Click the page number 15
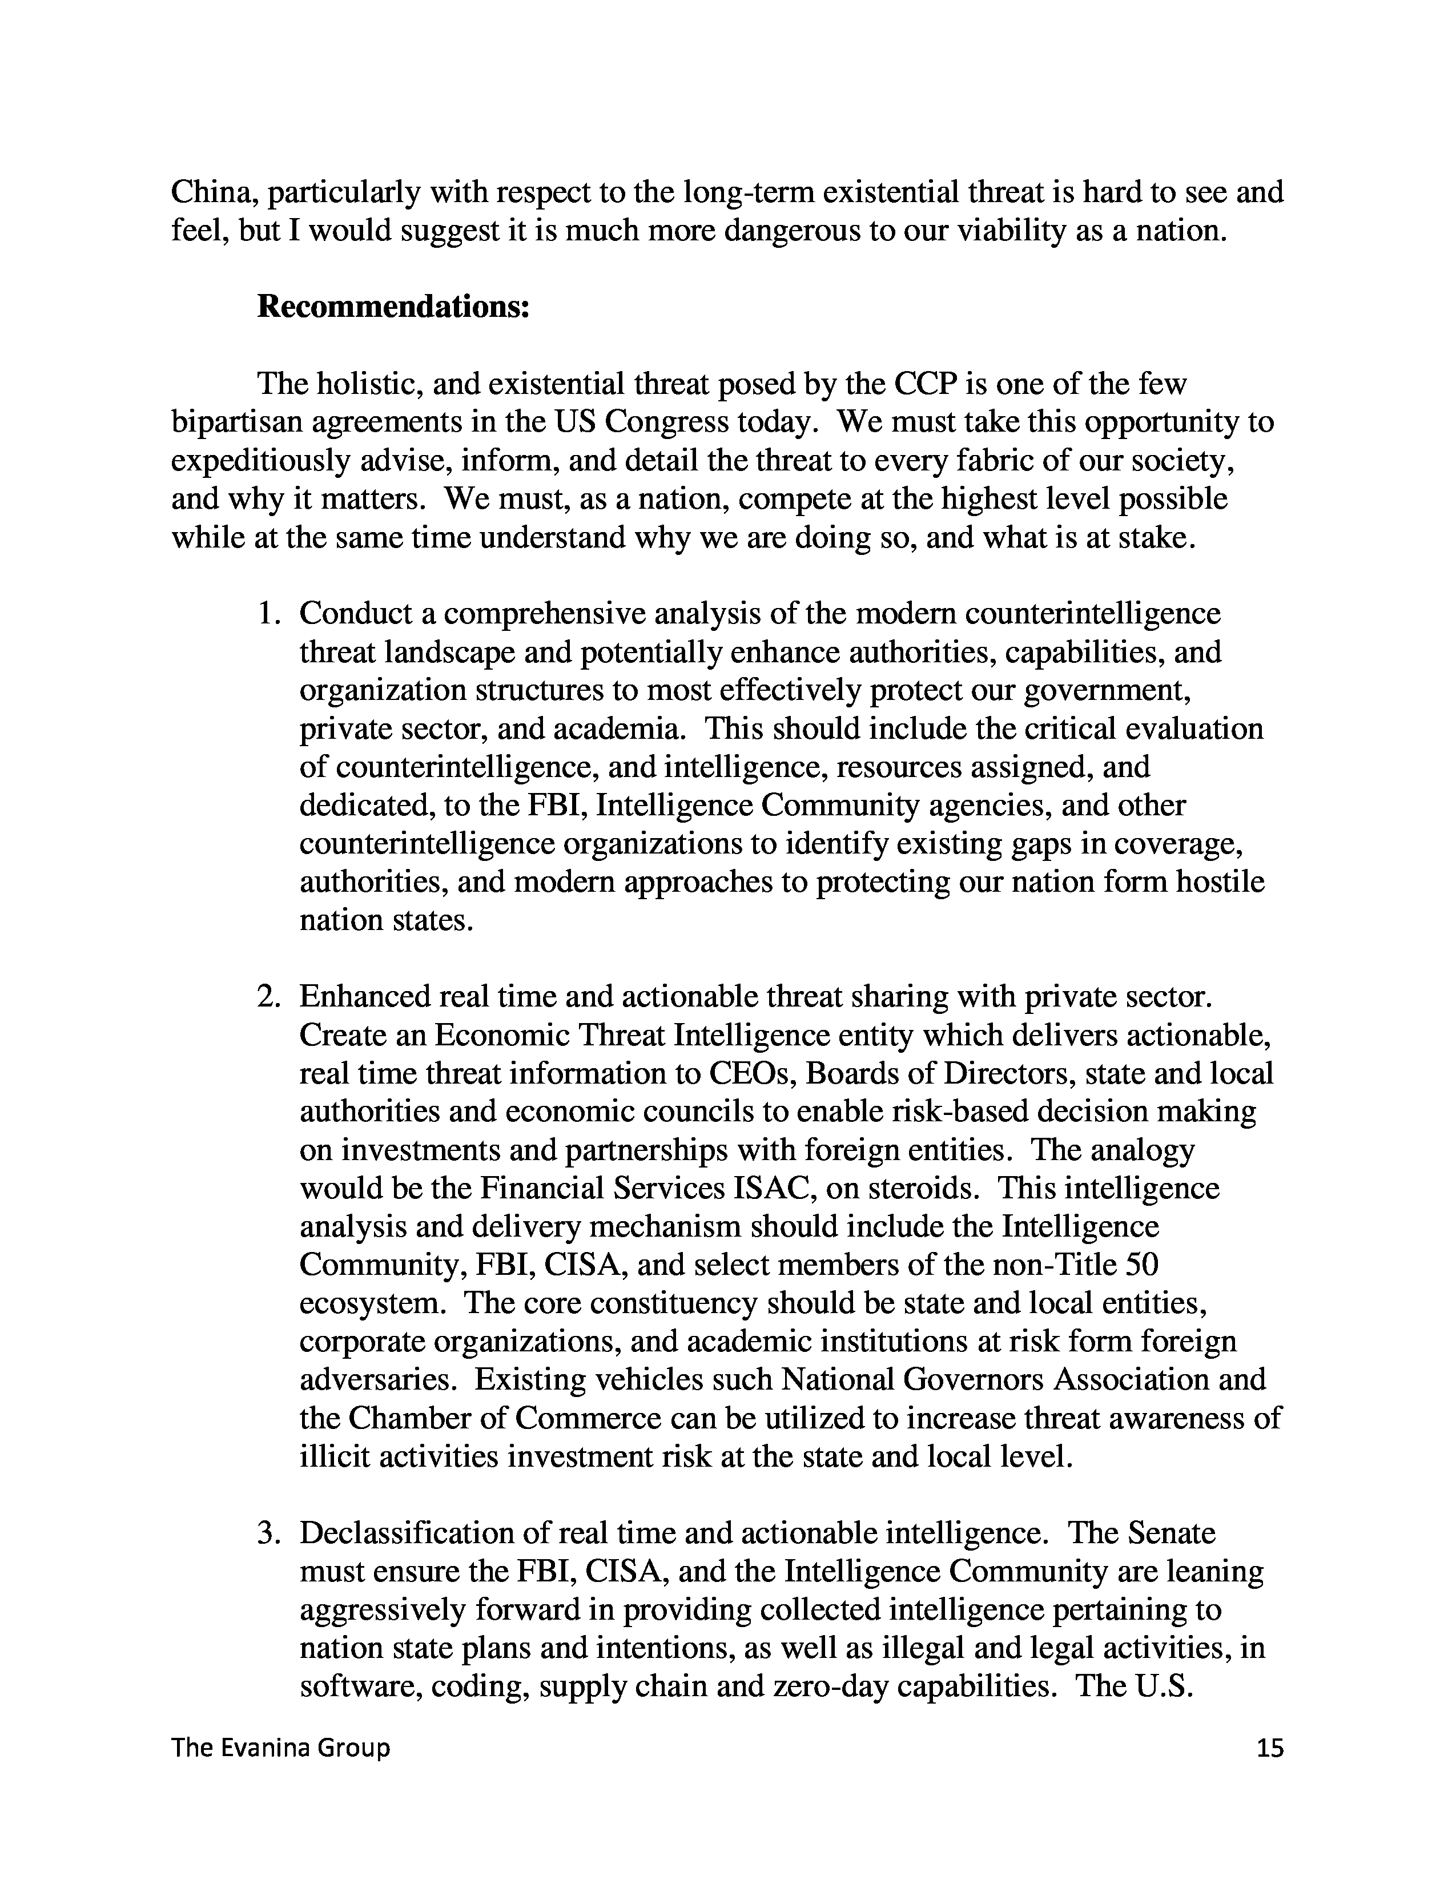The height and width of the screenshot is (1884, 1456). pyautogui.click(x=1270, y=1749)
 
